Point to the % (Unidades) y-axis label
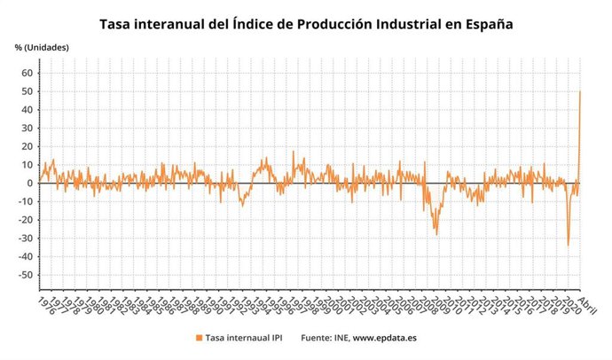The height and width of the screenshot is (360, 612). [41, 46]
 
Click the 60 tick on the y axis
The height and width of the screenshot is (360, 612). [27, 73]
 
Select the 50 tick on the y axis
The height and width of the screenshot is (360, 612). [27, 91]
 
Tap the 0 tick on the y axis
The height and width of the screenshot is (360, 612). [30, 184]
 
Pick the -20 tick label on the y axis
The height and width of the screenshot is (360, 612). [26, 220]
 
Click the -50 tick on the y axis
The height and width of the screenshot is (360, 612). [26, 275]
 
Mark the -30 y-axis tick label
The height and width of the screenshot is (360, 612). [26, 239]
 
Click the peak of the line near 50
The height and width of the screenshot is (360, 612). [580, 91]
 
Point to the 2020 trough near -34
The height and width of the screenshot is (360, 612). [569, 246]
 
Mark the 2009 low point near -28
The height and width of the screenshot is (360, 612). [436, 234]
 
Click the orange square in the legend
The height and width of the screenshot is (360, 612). [198, 338]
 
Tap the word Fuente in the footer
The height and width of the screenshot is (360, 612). [317, 338]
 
